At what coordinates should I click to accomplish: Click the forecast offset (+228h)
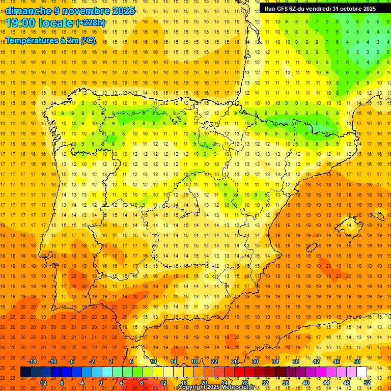pos(91,23)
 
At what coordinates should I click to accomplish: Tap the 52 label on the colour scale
pos(367,383)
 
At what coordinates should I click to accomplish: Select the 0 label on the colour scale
pos(101,383)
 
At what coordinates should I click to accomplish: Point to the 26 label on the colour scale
pos(234,361)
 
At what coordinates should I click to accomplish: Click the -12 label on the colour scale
pos(42,383)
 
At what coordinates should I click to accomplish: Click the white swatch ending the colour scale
pos(361,372)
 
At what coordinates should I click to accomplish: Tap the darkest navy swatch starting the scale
pos(25,372)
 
